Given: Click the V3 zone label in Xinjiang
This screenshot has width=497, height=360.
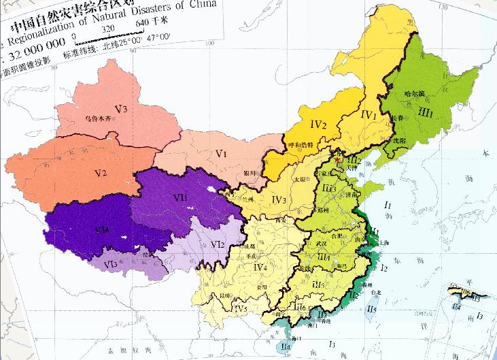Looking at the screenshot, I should (122, 108).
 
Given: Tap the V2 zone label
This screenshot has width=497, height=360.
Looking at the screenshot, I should (101, 173).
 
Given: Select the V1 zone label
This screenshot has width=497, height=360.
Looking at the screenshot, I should (220, 154).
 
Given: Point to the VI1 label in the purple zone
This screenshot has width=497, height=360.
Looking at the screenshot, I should (179, 197).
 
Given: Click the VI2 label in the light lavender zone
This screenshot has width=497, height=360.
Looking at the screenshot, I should (218, 244).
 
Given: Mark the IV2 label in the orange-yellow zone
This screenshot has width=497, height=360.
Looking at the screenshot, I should (319, 125).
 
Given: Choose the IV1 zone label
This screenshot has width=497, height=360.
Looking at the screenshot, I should (367, 116).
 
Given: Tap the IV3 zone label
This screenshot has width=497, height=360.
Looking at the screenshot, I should (278, 199).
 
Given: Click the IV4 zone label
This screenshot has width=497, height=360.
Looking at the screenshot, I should (261, 269).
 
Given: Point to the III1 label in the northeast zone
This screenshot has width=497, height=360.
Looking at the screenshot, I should (426, 111).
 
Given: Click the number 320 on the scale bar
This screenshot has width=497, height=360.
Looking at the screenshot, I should (109, 29).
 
